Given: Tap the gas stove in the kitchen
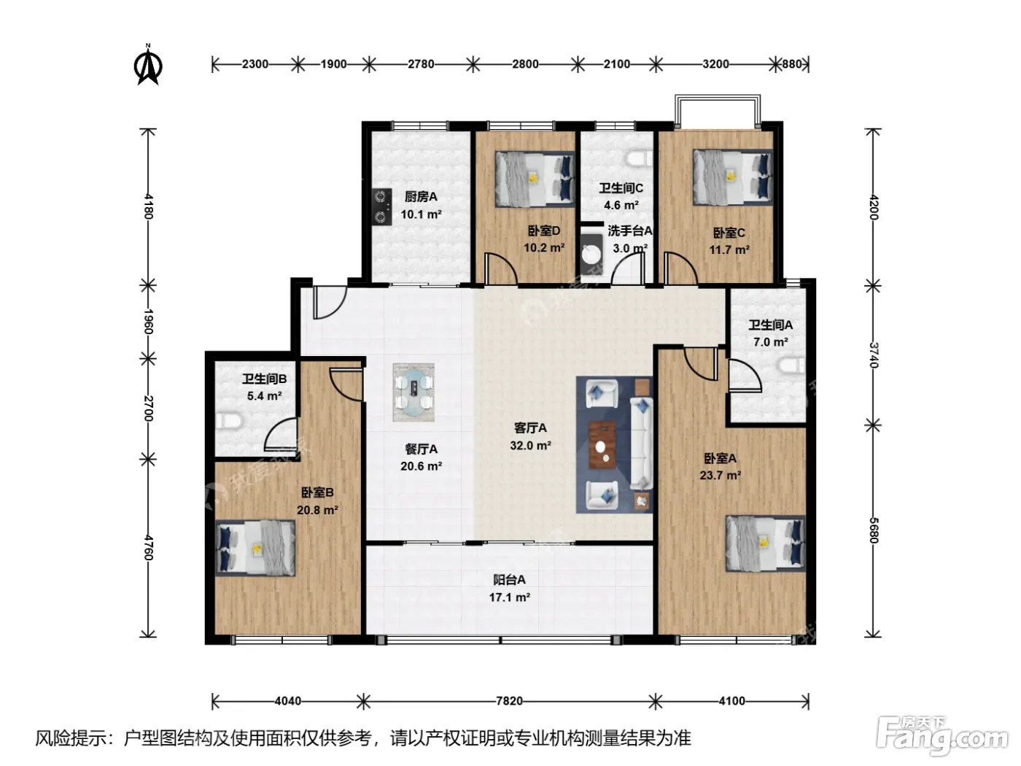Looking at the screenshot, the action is pyautogui.click(x=381, y=206).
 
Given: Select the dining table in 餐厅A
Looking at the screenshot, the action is pyautogui.click(x=414, y=392).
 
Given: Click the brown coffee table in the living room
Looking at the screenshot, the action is pyautogui.click(x=602, y=444).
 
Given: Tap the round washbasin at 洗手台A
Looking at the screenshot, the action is pyautogui.click(x=591, y=254).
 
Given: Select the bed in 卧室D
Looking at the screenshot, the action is pyautogui.click(x=535, y=179).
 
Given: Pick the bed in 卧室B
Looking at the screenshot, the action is pyautogui.click(x=255, y=549).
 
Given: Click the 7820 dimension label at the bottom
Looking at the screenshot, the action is pyautogui.click(x=509, y=700).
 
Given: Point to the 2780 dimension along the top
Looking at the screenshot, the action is pyautogui.click(x=421, y=63).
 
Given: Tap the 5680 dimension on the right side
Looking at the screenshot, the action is pyautogui.click(x=873, y=530).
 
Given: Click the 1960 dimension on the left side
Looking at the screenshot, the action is pyautogui.click(x=148, y=322).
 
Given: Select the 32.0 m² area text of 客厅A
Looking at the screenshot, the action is pyautogui.click(x=530, y=446).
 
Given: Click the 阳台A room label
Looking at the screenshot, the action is pyautogui.click(x=509, y=579).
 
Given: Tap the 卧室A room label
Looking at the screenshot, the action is pyautogui.click(x=720, y=459).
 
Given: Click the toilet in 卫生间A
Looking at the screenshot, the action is pyautogui.click(x=791, y=365).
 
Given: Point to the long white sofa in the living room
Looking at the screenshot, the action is pyautogui.click(x=642, y=444).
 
